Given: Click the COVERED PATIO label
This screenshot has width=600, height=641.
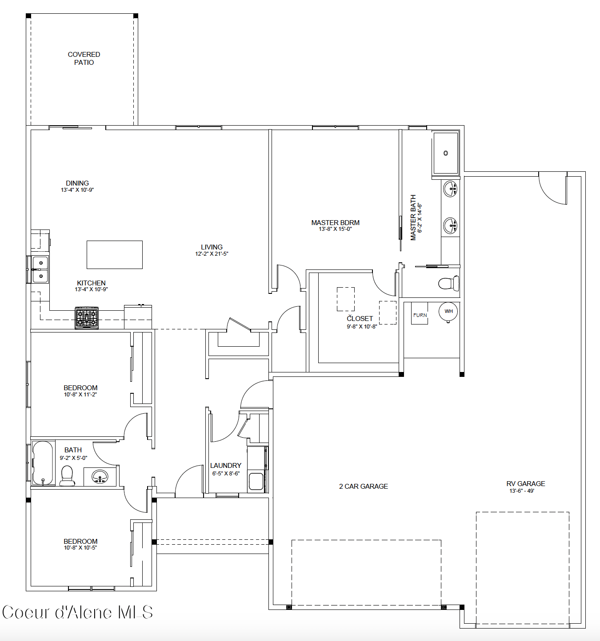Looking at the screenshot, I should [x=84, y=58].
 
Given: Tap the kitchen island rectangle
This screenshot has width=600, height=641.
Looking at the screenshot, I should [x=115, y=255].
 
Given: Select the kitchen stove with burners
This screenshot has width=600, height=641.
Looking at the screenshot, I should [x=87, y=318].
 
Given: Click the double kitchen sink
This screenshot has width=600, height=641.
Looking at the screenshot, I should [x=40, y=269].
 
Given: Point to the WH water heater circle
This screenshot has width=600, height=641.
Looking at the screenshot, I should [x=448, y=311].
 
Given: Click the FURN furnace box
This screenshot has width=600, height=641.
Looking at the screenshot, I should [x=420, y=315].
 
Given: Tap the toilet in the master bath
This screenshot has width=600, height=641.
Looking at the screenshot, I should [x=448, y=283].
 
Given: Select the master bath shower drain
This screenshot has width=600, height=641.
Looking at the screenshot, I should [x=446, y=153].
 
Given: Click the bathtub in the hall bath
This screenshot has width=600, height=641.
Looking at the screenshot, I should [x=43, y=463].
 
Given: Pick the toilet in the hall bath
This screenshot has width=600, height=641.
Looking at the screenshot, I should [x=67, y=475].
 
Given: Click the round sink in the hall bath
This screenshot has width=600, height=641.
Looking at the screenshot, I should [x=100, y=477].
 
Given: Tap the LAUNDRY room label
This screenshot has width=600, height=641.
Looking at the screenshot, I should [x=226, y=466].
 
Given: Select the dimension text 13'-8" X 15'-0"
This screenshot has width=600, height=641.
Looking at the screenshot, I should [x=335, y=229].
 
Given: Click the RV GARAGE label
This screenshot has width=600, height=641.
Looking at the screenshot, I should [x=525, y=484].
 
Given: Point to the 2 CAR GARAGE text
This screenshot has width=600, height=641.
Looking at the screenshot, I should [x=364, y=487].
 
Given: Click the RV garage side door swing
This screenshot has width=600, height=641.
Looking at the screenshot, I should [x=553, y=189].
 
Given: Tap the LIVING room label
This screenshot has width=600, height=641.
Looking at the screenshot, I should [x=212, y=247].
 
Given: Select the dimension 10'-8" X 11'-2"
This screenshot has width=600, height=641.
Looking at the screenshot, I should [x=80, y=394].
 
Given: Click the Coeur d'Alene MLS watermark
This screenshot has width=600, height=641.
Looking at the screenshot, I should [x=78, y=613].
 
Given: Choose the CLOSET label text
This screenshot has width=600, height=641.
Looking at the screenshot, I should [x=360, y=319].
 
